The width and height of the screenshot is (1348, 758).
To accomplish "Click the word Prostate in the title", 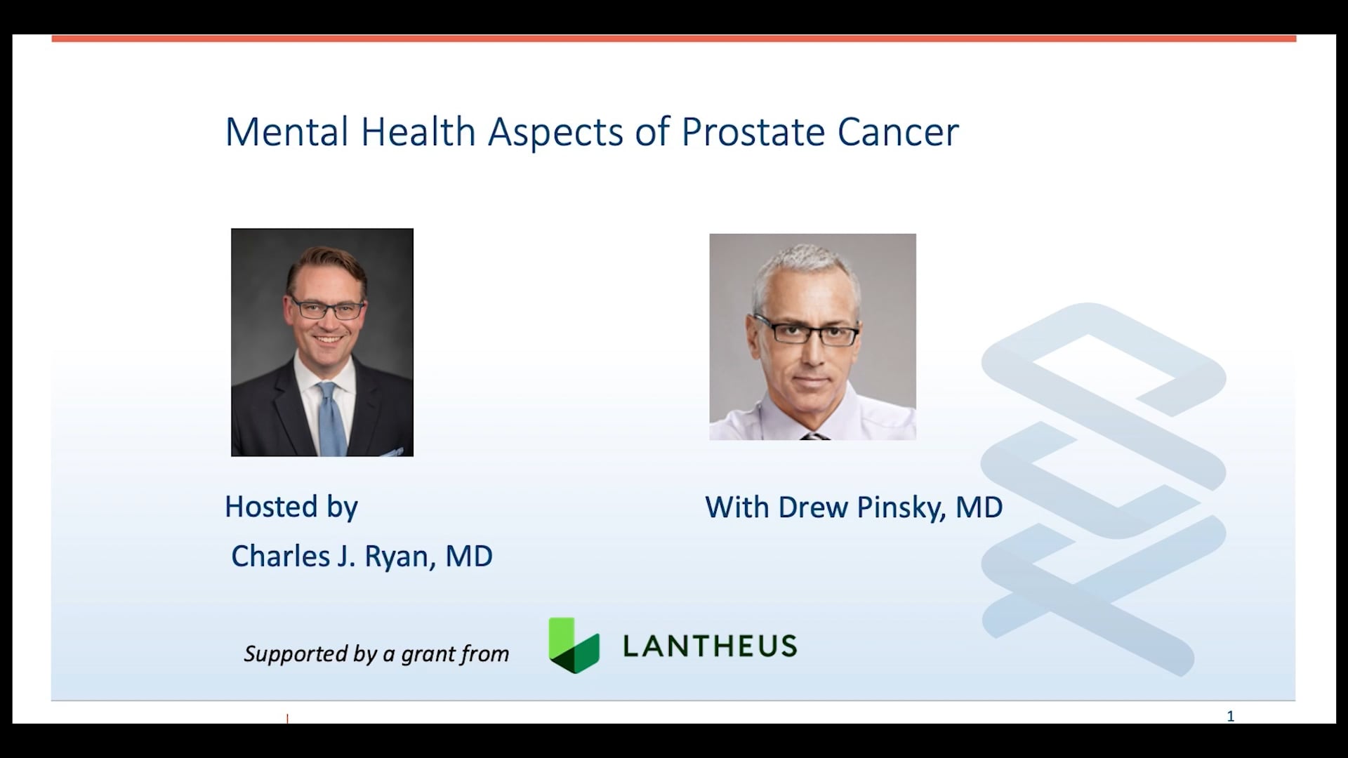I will [x=753, y=132].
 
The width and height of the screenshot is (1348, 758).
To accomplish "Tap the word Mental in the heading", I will [x=286, y=132].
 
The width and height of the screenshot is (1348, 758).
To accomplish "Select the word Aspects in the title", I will [x=555, y=132].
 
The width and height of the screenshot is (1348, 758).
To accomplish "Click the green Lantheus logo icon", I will [x=574, y=646].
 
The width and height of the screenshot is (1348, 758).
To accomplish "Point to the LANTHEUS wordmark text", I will [x=710, y=646].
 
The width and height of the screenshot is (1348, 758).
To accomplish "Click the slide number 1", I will [x=1230, y=716].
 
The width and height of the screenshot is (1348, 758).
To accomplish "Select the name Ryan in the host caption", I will [x=397, y=557].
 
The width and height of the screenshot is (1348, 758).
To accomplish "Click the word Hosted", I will [x=271, y=507].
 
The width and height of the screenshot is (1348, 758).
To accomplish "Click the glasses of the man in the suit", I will [x=328, y=309].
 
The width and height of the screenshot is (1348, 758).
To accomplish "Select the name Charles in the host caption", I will [x=280, y=557].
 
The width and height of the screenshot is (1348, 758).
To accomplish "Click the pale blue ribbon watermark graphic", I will [x=1102, y=484].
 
